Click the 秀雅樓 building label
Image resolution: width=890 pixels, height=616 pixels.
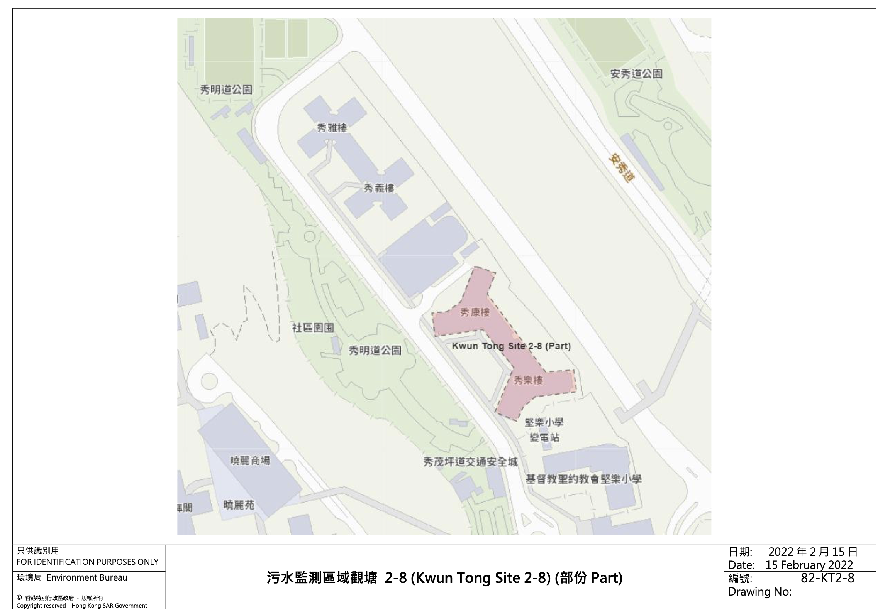click(x=332, y=128)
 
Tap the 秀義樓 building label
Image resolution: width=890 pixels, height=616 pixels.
click(x=378, y=188)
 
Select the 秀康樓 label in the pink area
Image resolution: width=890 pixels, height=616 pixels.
click(x=475, y=312)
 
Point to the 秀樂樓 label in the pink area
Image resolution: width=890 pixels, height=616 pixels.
click(x=528, y=381)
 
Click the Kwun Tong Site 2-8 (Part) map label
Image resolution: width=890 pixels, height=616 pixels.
click(x=511, y=346)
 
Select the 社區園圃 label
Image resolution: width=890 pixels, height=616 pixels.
click(x=312, y=328)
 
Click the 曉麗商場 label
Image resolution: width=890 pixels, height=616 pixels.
click(x=250, y=461)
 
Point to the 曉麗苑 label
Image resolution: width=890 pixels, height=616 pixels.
click(x=239, y=505)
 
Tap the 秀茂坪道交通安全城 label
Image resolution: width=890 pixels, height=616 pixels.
click(x=470, y=462)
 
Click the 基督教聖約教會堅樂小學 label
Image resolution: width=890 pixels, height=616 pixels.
click(x=583, y=479)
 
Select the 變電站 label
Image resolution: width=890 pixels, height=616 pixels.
click(x=544, y=438)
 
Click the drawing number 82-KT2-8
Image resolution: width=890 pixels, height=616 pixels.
click(x=827, y=578)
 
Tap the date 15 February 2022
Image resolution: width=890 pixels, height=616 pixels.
click(x=809, y=565)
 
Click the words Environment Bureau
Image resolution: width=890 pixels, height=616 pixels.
click(x=87, y=578)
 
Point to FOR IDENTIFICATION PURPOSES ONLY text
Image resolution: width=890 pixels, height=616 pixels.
click(x=87, y=562)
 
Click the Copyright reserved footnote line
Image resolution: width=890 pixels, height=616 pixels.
click(x=81, y=606)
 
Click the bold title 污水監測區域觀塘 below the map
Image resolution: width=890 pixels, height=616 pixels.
click(x=321, y=578)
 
